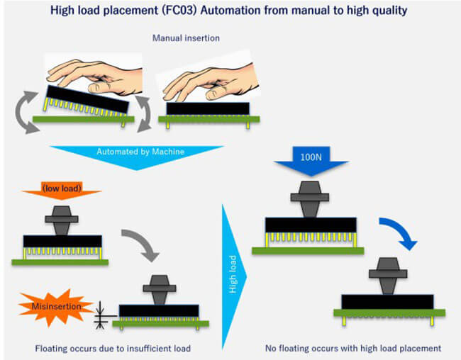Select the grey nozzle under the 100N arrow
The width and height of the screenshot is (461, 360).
click(311, 203)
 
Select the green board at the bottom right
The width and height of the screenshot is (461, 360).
click(389, 312)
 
